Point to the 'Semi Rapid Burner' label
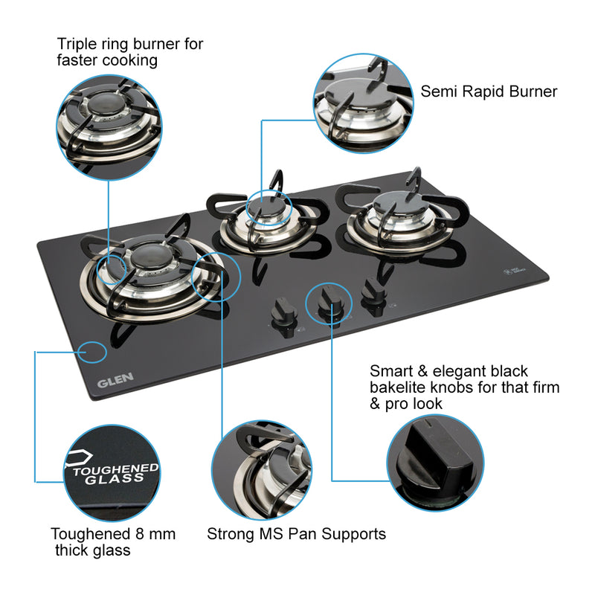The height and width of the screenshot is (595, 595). [489, 91]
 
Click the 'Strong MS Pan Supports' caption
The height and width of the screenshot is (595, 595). [296, 533]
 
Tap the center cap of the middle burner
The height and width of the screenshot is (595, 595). [264, 210]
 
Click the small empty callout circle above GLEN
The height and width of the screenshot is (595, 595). [92, 351]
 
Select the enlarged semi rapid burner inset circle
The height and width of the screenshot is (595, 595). [362, 103]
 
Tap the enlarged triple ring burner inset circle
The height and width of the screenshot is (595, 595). [109, 127]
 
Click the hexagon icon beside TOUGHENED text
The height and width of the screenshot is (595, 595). [77, 458]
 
